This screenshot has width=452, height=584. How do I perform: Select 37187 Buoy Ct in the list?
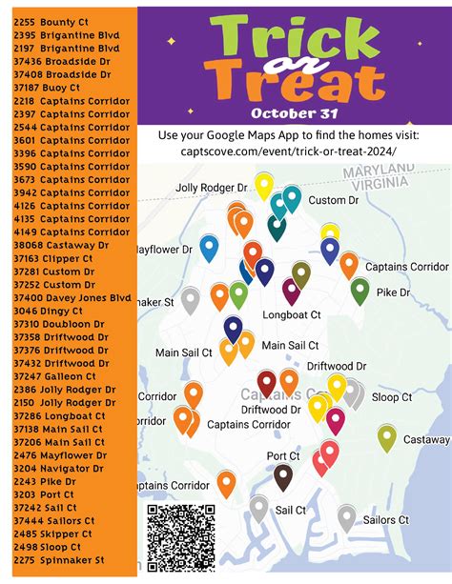[48, 87]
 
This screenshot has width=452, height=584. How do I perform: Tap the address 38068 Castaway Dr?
[62, 245]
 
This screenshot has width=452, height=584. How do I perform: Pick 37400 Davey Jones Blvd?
[72, 297]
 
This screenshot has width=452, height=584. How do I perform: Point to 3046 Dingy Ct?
[49, 311]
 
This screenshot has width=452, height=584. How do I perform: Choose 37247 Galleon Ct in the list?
[57, 376]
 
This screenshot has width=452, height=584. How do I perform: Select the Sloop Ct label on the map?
[391, 396]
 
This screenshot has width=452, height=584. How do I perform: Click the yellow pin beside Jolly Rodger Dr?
[263, 185]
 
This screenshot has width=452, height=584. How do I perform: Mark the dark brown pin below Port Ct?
[282, 475]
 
